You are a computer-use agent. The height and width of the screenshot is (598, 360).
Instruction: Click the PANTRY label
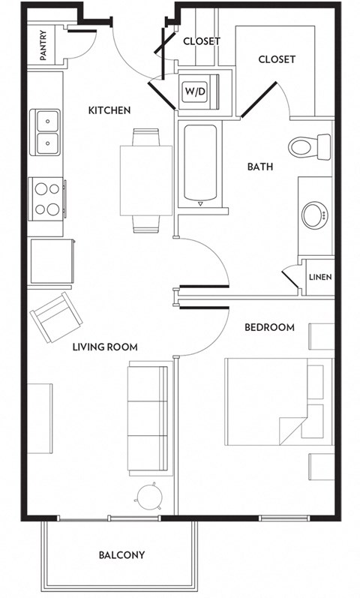coord(43,45)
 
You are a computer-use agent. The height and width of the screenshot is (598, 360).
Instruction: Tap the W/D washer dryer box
coord(196,92)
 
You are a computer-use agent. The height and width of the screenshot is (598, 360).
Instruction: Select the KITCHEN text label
coord(109,110)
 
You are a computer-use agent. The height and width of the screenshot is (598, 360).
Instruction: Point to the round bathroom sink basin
coord(315,215)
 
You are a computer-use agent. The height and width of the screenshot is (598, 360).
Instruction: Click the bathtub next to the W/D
coord(199,165)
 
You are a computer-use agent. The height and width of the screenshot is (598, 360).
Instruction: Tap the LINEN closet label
coord(320,277)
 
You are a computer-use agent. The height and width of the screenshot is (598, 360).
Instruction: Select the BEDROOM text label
coord(270,328)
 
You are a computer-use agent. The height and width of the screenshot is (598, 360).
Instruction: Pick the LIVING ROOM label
coord(106,347)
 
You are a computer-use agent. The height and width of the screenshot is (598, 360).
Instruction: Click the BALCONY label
coord(121,556)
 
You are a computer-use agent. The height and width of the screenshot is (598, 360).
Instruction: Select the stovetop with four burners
coord(46,198)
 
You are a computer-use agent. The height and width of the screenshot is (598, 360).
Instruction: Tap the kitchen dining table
coord(146,180)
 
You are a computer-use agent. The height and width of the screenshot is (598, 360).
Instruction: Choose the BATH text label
coord(260,167)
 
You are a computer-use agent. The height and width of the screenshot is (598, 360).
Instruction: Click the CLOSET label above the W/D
coord(202,41)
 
